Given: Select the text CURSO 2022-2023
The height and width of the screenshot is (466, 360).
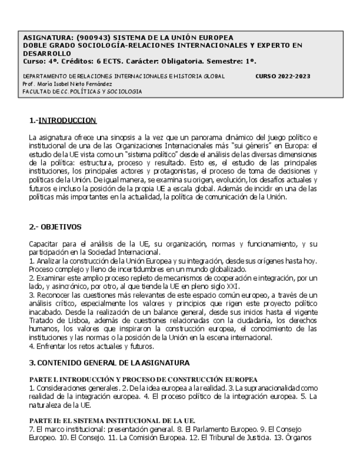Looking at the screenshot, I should tap(283, 76).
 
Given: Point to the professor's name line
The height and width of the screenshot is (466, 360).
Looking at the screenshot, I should tap(67, 84).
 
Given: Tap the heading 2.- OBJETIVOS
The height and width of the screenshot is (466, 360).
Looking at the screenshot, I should tap(55, 226).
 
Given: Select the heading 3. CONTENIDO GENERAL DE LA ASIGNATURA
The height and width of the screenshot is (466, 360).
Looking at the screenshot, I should tap(109, 363).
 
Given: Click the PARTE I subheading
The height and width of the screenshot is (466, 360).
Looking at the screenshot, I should tap(143, 379).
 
